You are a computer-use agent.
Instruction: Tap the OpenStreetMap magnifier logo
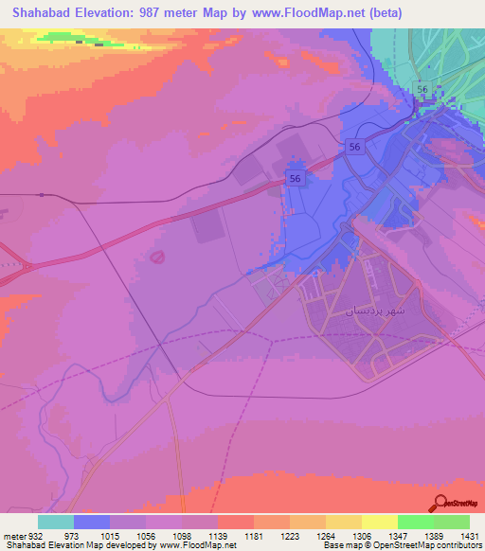coord(440,504)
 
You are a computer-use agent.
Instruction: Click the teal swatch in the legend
coord(56,522)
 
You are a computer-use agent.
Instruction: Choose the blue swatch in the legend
coord(92,522)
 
